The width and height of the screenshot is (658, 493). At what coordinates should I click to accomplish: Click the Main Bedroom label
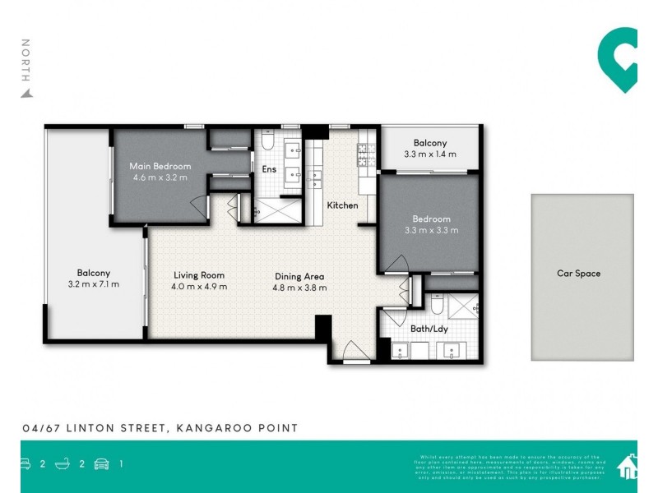160,167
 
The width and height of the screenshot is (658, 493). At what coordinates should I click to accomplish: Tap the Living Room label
199,275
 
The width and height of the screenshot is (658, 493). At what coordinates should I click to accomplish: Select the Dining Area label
300,276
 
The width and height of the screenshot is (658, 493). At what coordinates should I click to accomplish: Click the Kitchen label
342,205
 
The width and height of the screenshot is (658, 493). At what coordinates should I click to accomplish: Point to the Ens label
269,170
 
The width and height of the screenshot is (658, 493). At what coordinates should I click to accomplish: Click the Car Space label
579,274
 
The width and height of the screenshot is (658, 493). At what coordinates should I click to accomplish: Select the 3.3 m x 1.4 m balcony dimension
431,154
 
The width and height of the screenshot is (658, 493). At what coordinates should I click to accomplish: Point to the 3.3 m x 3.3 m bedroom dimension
431,230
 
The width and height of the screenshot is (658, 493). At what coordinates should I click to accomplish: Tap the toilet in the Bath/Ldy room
439,307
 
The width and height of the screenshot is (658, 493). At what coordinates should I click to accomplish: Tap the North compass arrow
26,93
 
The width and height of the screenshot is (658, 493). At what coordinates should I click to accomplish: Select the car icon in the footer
102,464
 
